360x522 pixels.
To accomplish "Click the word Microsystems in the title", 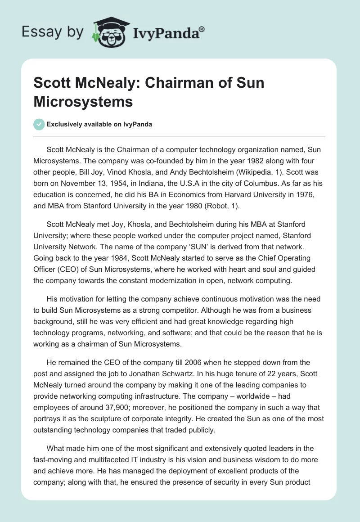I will [83, 101].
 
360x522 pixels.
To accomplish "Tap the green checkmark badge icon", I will [39, 124].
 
